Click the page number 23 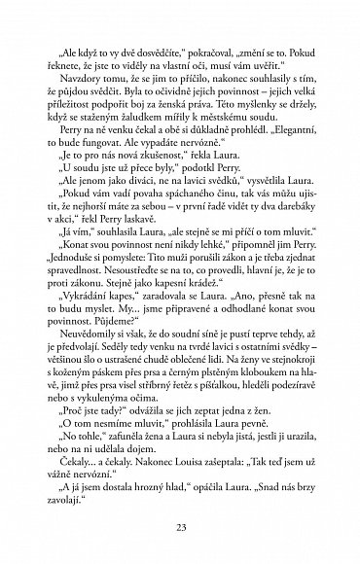(180, 528)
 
